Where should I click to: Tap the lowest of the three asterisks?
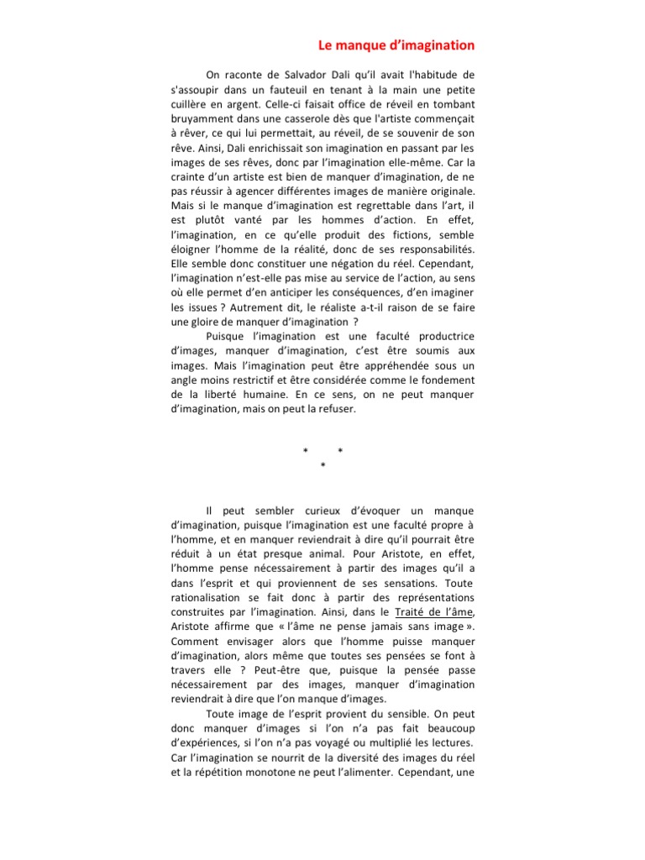pos(322,465)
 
